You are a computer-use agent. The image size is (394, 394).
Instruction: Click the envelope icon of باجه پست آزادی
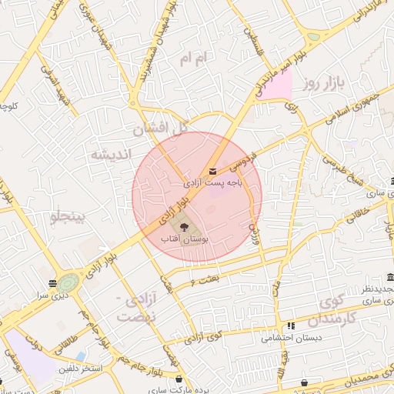(x=212, y=172)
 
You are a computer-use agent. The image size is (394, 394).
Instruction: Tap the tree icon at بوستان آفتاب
(x=183, y=227)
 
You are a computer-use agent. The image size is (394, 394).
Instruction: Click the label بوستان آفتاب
(x=181, y=240)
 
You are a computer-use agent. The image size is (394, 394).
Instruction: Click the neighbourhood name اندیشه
(x=109, y=154)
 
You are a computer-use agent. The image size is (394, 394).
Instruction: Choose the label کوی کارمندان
(x=339, y=309)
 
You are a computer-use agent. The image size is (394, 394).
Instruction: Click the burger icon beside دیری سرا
(x=52, y=282)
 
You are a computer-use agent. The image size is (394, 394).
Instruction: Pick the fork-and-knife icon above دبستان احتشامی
(x=290, y=326)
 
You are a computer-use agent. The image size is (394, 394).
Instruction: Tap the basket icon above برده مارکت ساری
(x=179, y=379)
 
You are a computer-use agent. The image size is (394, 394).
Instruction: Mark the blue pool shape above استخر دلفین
(x=81, y=356)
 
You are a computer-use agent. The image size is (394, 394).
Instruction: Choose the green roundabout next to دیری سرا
(x=69, y=282)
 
